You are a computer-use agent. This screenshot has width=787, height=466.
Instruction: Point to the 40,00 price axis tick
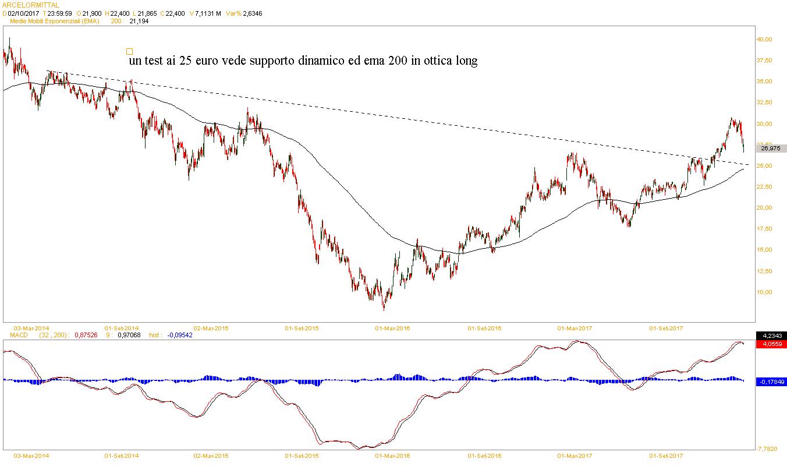pyautogui.click(x=764, y=39)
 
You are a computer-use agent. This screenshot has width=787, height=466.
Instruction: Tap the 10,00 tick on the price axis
pyautogui.click(x=764, y=292)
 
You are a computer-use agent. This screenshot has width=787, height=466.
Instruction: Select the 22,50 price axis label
pyautogui.click(x=764, y=186)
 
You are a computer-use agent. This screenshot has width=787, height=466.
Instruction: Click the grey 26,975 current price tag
pyautogui.click(x=770, y=149)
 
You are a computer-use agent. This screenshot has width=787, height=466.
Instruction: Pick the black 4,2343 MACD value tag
pyautogui.click(x=771, y=336)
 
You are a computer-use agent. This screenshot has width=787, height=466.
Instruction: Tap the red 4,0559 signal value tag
pyautogui.click(x=771, y=344)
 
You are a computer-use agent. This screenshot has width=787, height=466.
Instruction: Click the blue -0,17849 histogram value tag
pyautogui.click(x=771, y=382)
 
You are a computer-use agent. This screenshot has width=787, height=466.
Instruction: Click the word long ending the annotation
pyautogui.click(x=465, y=61)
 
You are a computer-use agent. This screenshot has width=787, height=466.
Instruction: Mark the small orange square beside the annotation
pyautogui.click(x=129, y=51)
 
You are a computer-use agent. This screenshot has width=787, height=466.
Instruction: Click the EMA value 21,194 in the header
pyautogui.click(x=139, y=21)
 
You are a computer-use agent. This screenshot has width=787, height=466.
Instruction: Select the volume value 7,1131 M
pyautogui.click(x=208, y=13)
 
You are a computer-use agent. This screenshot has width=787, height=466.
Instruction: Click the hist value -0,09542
pyautogui.click(x=179, y=335)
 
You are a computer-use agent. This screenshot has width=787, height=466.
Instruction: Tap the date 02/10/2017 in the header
pyautogui.click(x=23, y=13)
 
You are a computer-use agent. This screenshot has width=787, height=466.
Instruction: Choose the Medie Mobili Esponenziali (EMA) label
pyautogui.click(x=55, y=21)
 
